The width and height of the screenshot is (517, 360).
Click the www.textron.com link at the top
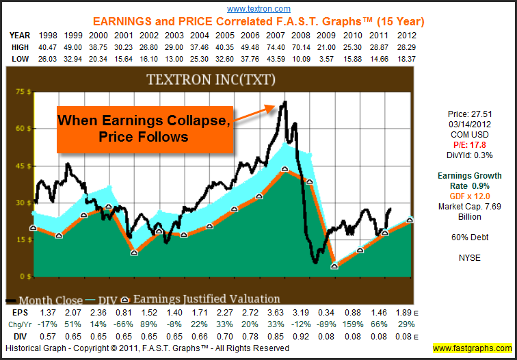click(x=258, y=9)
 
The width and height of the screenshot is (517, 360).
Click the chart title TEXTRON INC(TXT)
click(x=211, y=79)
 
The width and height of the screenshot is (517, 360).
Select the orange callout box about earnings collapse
click(x=143, y=128)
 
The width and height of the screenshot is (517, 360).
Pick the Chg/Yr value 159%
click(x=360, y=324)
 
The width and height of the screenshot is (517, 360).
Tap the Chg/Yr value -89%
click(x=335, y=324)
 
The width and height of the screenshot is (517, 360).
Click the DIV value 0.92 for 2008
click(x=310, y=337)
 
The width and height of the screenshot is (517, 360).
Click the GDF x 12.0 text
click(x=469, y=196)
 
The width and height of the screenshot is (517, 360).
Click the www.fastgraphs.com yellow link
click(x=472, y=348)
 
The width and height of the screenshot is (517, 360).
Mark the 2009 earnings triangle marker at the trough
click(x=334, y=266)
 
